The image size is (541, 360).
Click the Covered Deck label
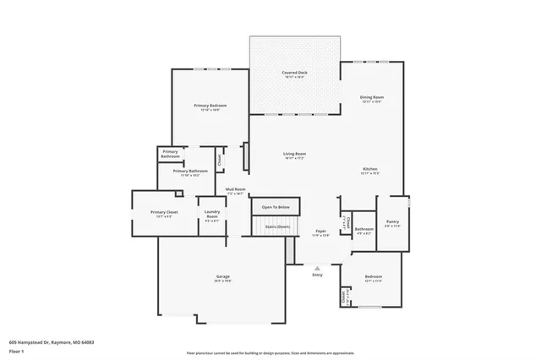[x=294, y=74]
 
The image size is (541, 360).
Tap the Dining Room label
[x=372, y=98]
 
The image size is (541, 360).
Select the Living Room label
[x=294, y=154]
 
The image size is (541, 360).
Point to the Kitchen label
[x=370, y=170]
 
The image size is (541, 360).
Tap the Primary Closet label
[x=164, y=212]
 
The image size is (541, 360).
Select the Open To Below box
[x=276, y=207]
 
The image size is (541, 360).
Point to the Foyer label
[x=321, y=231]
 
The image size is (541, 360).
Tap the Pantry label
[x=392, y=223]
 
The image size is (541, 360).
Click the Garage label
[x=223, y=277]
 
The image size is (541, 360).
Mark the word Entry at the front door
[x=317, y=274]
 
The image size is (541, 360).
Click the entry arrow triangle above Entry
[x=317, y=266]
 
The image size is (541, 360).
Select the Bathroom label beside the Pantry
[x=364, y=229]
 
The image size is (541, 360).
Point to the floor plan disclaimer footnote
[x=270, y=353]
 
